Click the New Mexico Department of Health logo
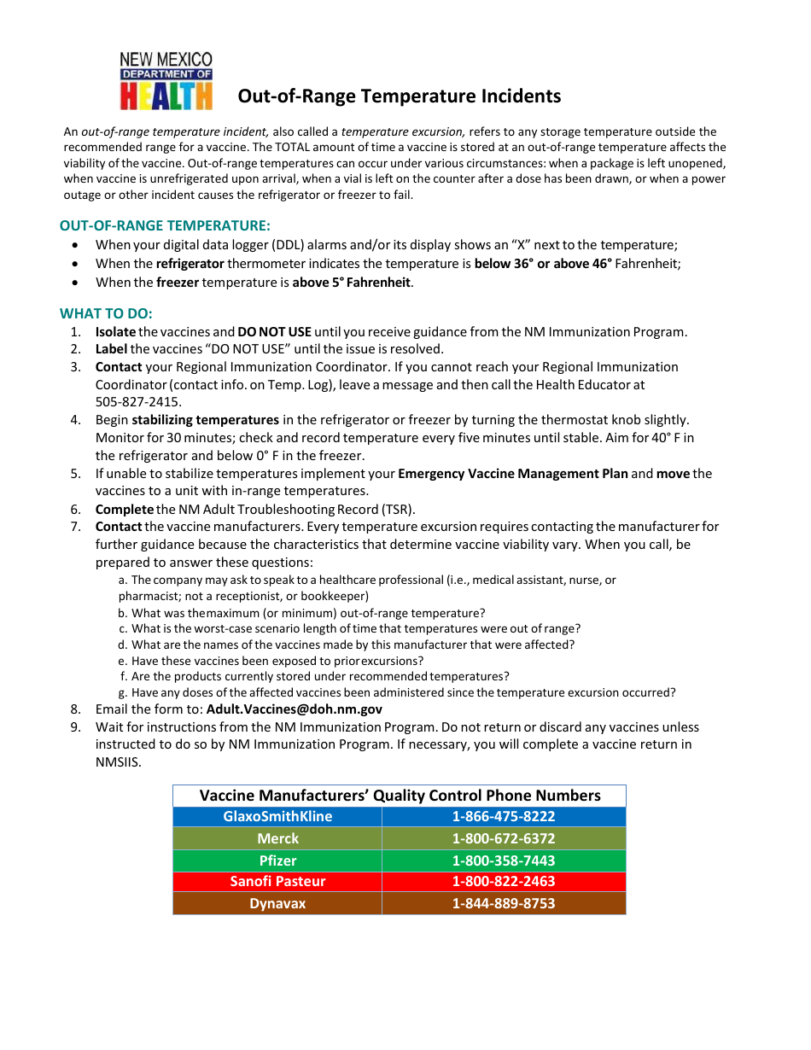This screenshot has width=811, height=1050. click(166, 81)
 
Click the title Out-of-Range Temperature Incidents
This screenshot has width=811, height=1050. click(399, 96)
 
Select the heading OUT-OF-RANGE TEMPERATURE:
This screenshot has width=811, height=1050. click(165, 225)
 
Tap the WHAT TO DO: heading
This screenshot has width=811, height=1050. click(106, 313)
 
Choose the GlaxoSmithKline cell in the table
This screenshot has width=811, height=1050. click(277, 816)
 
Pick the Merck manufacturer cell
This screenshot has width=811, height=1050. click(277, 838)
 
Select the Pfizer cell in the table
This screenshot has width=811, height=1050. click(277, 860)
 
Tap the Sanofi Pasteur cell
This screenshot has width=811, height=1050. click(277, 881)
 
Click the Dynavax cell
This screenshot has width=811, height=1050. click(277, 903)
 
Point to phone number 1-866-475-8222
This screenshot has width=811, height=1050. click(503, 816)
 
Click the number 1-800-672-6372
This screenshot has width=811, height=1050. click(503, 838)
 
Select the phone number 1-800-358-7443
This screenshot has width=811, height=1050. click(503, 860)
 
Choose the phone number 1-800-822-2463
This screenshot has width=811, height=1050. click(503, 881)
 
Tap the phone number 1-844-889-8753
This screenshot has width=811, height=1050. click(503, 903)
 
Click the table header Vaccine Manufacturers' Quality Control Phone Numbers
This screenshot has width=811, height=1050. click(400, 796)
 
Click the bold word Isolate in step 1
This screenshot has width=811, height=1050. click(115, 332)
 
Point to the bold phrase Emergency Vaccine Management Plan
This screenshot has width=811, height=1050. click(512, 474)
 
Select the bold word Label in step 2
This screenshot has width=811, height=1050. click(111, 349)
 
